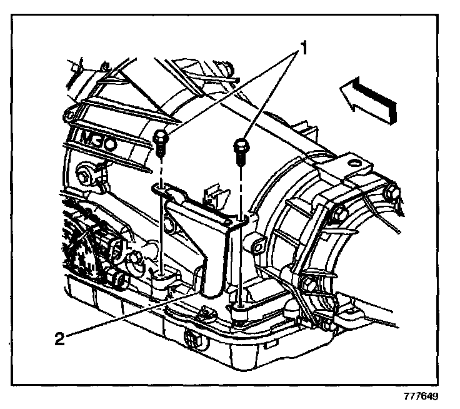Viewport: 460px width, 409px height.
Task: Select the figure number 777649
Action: pyautogui.click(x=420, y=396)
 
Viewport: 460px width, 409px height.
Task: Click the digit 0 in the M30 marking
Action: pyautogui.click(x=120, y=144)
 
